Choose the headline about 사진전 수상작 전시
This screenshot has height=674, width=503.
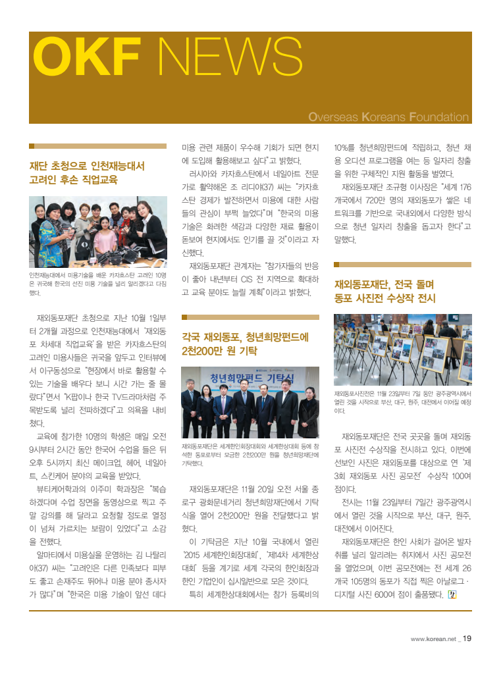385,292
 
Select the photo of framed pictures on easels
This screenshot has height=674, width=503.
402,350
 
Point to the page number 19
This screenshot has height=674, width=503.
467,638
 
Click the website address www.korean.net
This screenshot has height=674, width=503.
433,638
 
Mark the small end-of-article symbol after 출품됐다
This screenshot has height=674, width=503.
452,596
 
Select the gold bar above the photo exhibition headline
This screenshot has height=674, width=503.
402,265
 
